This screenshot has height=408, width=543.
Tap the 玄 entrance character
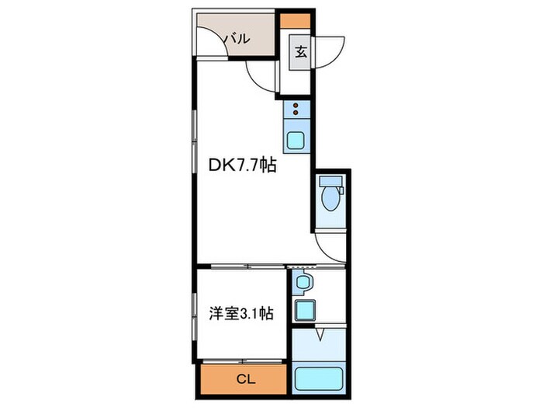299,54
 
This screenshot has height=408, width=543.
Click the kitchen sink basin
297,141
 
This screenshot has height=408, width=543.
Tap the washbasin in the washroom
303,281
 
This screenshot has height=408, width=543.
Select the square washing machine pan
303,311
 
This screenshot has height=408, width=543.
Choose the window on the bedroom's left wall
194,315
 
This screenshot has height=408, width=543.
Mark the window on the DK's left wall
193,140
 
